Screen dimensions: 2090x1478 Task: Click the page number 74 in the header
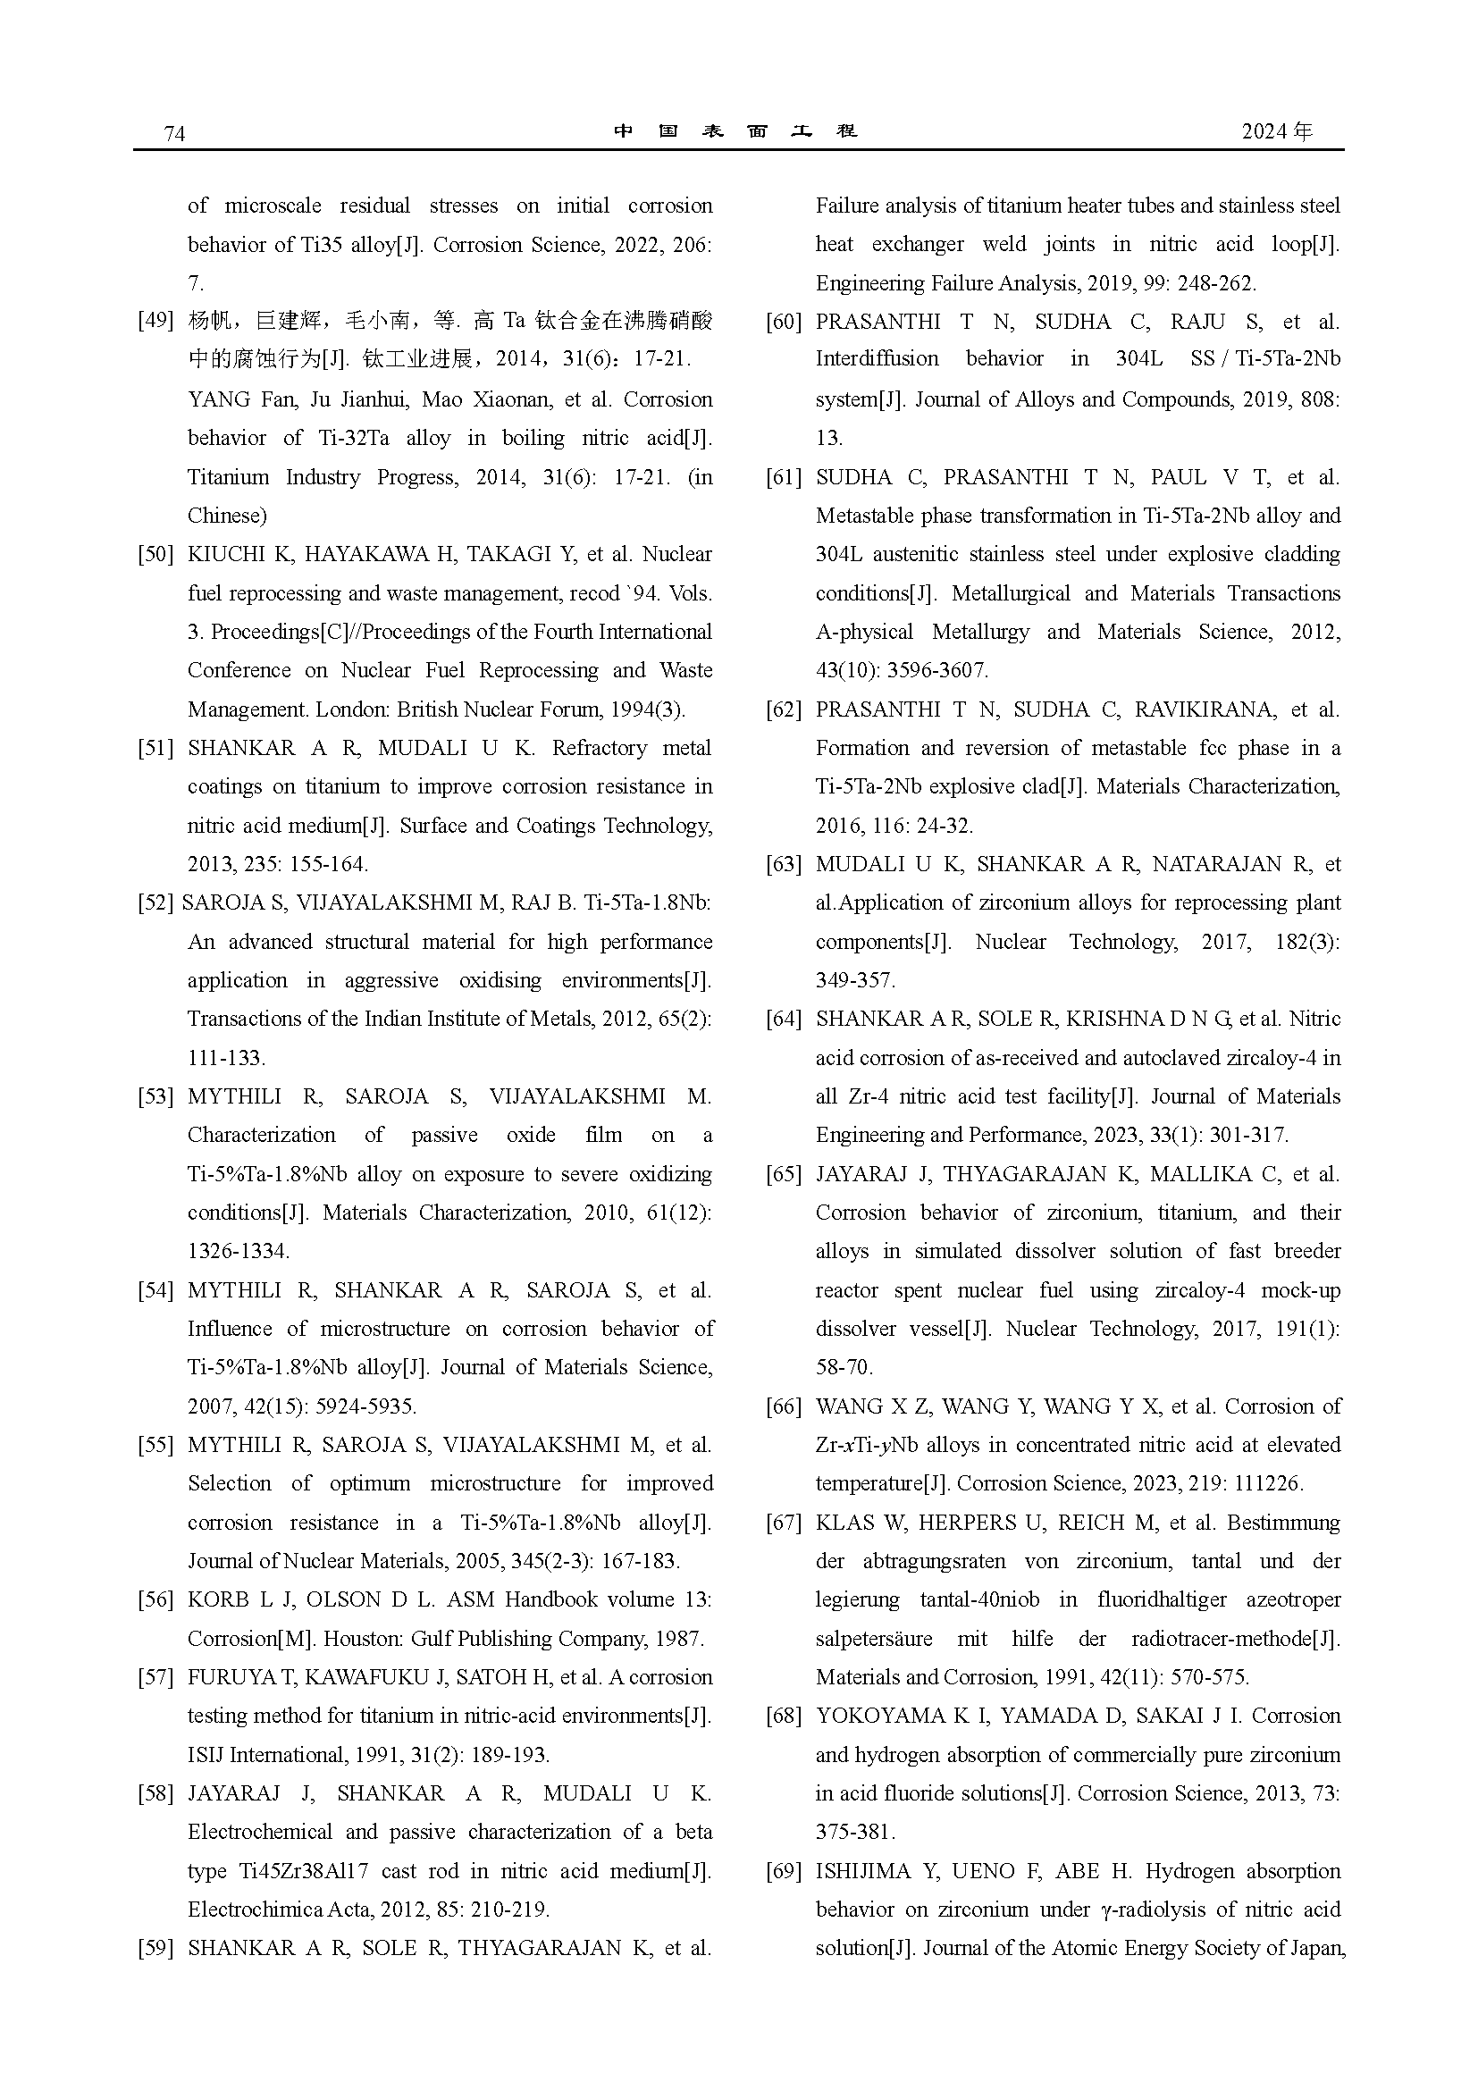174,134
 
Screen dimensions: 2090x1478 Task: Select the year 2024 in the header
1264,132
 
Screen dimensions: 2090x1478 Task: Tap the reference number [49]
155,321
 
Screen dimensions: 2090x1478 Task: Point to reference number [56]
155,1599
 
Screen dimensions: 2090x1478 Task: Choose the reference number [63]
784,864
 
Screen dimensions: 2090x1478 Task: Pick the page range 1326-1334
238,1251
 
